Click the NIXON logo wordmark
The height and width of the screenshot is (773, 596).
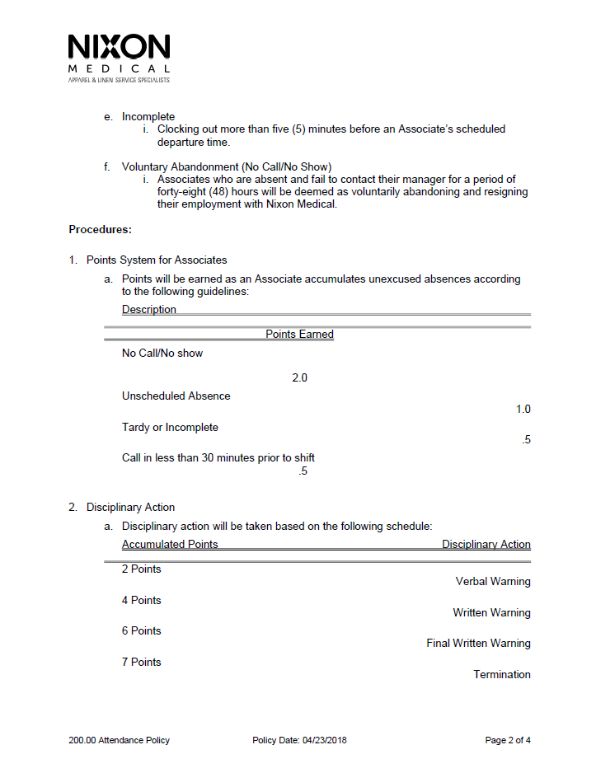pos(120,47)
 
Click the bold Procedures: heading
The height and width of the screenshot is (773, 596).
pos(100,229)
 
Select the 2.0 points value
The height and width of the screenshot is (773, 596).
pos(299,378)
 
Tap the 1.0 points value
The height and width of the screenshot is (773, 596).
pos(523,409)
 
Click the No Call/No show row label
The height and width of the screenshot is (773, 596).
pos(162,353)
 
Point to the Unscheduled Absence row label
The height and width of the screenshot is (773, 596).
pos(176,396)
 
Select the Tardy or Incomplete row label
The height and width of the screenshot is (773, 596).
pos(170,427)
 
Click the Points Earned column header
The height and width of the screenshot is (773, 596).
pos(299,334)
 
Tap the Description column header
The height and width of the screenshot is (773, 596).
pos(149,310)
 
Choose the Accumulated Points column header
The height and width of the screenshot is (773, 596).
pos(170,544)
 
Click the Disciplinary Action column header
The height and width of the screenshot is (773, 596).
pos(486,544)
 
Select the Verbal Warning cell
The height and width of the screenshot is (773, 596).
pos(493,581)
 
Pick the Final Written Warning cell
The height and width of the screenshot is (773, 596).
pos(478,643)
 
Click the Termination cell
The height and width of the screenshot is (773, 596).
pos(501,674)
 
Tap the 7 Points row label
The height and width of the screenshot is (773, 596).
pos(142,662)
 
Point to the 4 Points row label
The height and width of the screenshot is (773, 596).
pos(142,600)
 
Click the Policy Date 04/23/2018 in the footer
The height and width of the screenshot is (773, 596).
pos(299,740)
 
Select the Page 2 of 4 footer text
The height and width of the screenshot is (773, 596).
pos(508,740)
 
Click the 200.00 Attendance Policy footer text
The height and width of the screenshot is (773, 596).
pos(119,740)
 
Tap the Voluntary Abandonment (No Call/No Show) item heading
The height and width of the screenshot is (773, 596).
pos(227,167)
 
